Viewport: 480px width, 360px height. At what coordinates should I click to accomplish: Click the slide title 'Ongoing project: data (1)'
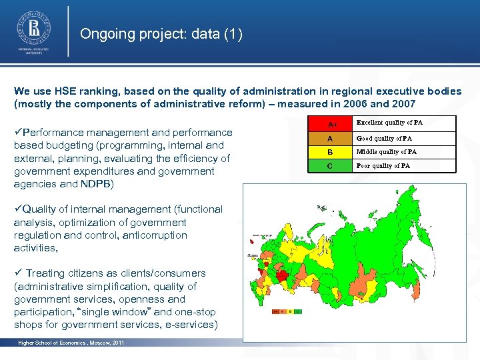click(161, 34)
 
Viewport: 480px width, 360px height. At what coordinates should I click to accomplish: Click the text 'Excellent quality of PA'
click(389, 123)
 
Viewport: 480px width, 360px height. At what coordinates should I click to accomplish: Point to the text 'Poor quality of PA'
click(383, 166)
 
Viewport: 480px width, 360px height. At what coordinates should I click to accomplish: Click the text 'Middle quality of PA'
click(387, 152)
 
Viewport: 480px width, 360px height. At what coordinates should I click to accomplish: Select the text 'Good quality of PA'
click(384, 139)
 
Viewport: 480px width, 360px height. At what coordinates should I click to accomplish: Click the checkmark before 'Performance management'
click(18, 133)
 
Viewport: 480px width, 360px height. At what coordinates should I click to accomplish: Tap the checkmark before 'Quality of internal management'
click(18, 209)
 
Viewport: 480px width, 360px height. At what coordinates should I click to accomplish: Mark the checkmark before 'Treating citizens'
click(18, 273)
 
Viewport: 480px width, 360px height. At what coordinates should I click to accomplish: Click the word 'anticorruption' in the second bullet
click(155, 235)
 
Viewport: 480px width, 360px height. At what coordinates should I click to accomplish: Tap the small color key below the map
click(286, 311)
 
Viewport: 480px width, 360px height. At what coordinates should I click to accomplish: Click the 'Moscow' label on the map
click(253, 255)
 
